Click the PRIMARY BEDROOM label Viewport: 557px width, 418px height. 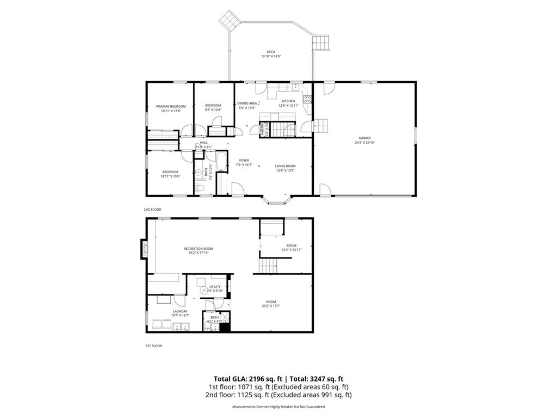point(171,106)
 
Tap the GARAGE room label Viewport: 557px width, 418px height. point(364,138)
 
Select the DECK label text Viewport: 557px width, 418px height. point(270,52)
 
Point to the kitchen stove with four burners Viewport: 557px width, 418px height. point(307,99)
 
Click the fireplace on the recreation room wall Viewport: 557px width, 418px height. point(144,250)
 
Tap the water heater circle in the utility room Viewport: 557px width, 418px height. point(204,291)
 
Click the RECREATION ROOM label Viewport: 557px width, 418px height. point(197,248)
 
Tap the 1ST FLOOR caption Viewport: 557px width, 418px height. point(153,346)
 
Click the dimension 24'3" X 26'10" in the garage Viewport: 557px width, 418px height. point(364,143)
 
